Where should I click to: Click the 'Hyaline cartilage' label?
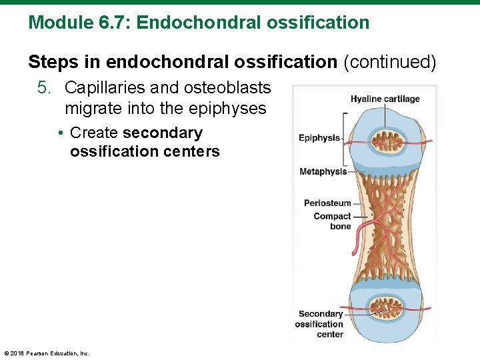click(x=385, y=99)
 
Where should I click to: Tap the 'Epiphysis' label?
click(x=319, y=138)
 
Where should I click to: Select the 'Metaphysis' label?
click(x=323, y=171)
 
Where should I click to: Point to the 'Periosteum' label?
click(x=327, y=203)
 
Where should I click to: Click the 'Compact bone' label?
click(x=333, y=221)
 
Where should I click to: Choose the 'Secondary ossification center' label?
click(x=320, y=324)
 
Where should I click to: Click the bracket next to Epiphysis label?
click(x=345, y=138)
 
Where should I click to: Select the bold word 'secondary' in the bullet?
click(x=163, y=133)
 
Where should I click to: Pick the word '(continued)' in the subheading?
click(x=389, y=62)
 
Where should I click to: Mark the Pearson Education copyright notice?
click(x=47, y=353)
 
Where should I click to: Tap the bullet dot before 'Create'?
click(x=61, y=133)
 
